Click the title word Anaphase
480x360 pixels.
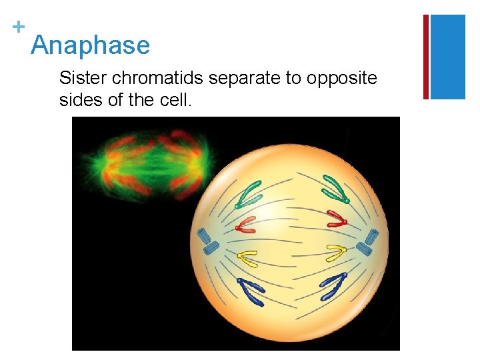(x=90, y=45)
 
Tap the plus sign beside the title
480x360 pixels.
(x=18, y=27)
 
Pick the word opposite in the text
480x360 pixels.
(x=341, y=78)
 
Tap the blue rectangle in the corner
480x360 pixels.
(x=447, y=57)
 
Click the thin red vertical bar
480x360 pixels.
(x=426, y=57)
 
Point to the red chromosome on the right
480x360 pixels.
(x=336, y=218)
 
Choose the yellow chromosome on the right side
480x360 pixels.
(x=335, y=253)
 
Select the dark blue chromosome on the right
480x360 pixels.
(x=333, y=286)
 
